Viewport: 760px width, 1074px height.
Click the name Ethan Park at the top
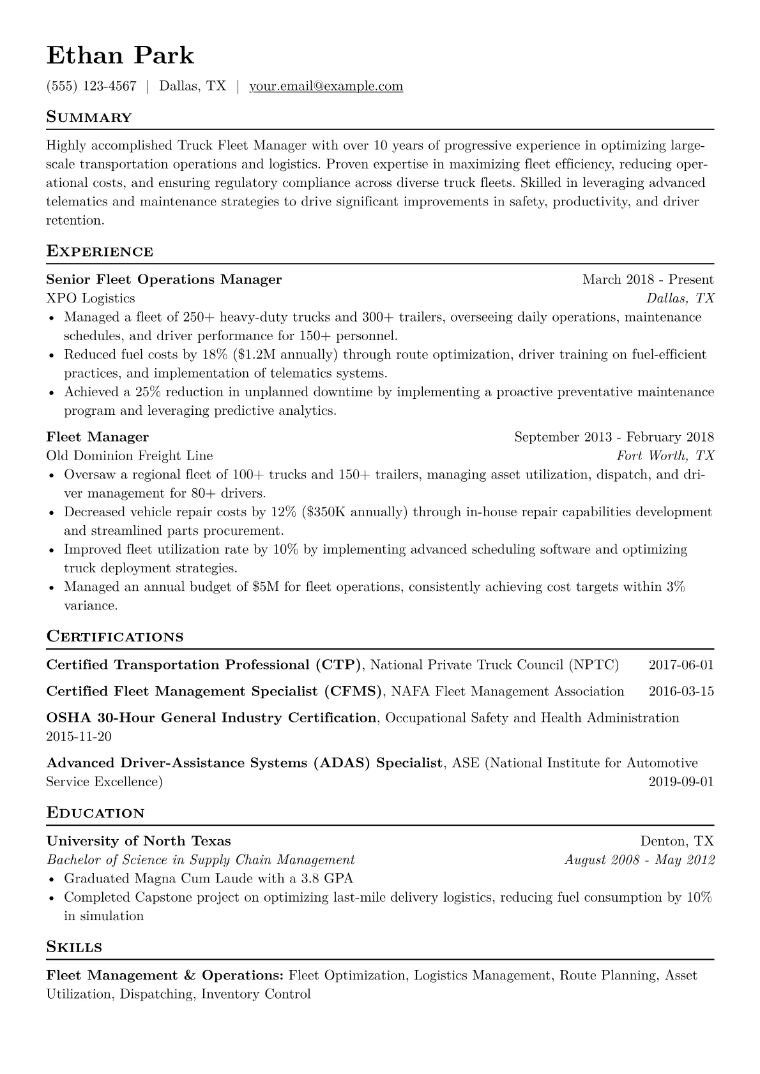[120, 56]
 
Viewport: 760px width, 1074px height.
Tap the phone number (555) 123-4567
[91, 86]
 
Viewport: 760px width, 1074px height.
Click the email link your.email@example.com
[326, 86]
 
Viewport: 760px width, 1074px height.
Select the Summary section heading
[89, 117]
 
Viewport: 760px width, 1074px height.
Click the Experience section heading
[100, 251]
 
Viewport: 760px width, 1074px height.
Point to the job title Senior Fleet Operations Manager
[164, 280]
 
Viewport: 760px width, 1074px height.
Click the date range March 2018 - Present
[648, 280]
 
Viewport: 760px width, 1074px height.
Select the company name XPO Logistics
[91, 298]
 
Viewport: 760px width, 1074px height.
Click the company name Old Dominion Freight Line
[130, 456]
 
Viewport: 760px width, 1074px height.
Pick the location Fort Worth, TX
[665, 456]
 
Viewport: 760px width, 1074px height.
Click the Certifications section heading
[115, 637]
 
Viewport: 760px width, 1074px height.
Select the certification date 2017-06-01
[681, 665]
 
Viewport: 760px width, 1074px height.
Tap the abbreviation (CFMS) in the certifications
[353, 691]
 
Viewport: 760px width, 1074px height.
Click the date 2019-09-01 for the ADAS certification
[681, 782]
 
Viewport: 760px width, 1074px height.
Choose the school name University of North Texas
[139, 841]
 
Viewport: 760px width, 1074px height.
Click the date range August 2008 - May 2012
[639, 860]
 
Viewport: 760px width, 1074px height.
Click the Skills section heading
[74, 947]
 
